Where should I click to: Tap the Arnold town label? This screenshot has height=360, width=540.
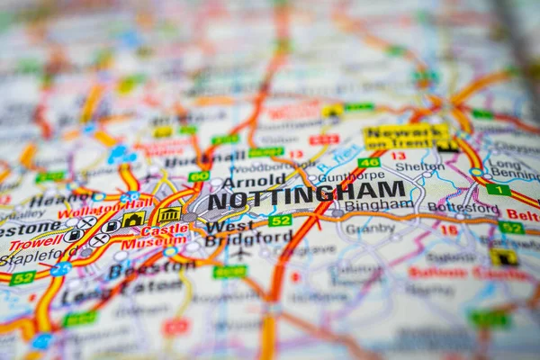(x=254, y=180)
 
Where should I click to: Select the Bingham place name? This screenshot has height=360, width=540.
(x=378, y=205)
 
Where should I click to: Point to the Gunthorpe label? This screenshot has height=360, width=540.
(x=352, y=177)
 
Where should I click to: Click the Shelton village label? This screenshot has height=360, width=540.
(x=420, y=166)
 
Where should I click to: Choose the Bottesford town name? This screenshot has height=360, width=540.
(x=463, y=207)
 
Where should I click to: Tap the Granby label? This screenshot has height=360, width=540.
(x=370, y=229)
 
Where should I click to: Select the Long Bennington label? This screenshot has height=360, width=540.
(x=514, y=169)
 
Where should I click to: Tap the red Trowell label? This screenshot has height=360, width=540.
(x=36, y=243)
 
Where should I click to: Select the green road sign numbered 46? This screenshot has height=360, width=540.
(x=368, y=163)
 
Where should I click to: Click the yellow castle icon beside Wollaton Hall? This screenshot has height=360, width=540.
(x=133, y=219)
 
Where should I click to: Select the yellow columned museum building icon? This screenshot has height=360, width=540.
(x=169, y=214)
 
